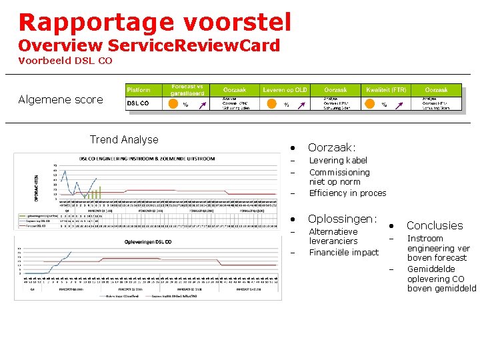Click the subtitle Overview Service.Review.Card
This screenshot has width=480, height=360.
[x=149, y=45]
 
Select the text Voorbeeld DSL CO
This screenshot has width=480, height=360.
[x=65, y=61]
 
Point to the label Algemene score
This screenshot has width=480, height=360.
[x=61, y=100]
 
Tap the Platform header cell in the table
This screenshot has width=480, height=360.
[x=139, y=90]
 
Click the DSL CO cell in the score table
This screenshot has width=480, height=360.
[x=138, y=103]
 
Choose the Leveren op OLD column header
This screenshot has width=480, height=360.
[x=285, y=90]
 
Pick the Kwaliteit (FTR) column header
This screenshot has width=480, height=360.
[x=386, y=90]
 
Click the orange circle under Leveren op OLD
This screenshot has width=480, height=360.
[x=271, y=103]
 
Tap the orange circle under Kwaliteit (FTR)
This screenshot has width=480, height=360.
[x=370, y=103]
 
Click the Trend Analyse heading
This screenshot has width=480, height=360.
[x=124, y=140]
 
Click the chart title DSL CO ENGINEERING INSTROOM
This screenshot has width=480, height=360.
[x=147, y=159]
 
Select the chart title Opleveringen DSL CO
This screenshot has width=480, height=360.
[x=148, y=241]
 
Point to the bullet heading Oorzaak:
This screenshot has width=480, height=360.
[x=331, y=147]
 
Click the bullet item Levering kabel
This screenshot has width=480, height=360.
[x=338, y=161]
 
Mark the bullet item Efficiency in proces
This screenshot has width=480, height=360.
[x=347, y=193]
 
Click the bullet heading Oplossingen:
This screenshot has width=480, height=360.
[x=342, y=219]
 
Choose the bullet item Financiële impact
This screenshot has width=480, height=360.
[x=343, y=253]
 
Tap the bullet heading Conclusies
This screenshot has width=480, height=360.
[x=435, y=226]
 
